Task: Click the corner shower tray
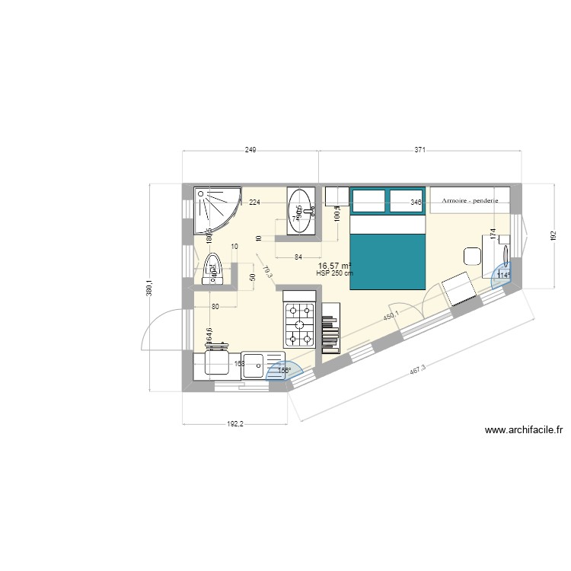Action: coord(216,209)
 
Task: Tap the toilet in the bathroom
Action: coord(213,268)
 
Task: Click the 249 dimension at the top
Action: coord(250,151)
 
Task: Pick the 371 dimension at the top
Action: coord(419,151)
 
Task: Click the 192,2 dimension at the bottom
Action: coord(234,425)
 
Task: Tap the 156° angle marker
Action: coord(285,372)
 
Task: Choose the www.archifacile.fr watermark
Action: coord(524,431)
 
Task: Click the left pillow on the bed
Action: coord(369,201)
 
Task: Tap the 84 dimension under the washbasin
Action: coord(298,257)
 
